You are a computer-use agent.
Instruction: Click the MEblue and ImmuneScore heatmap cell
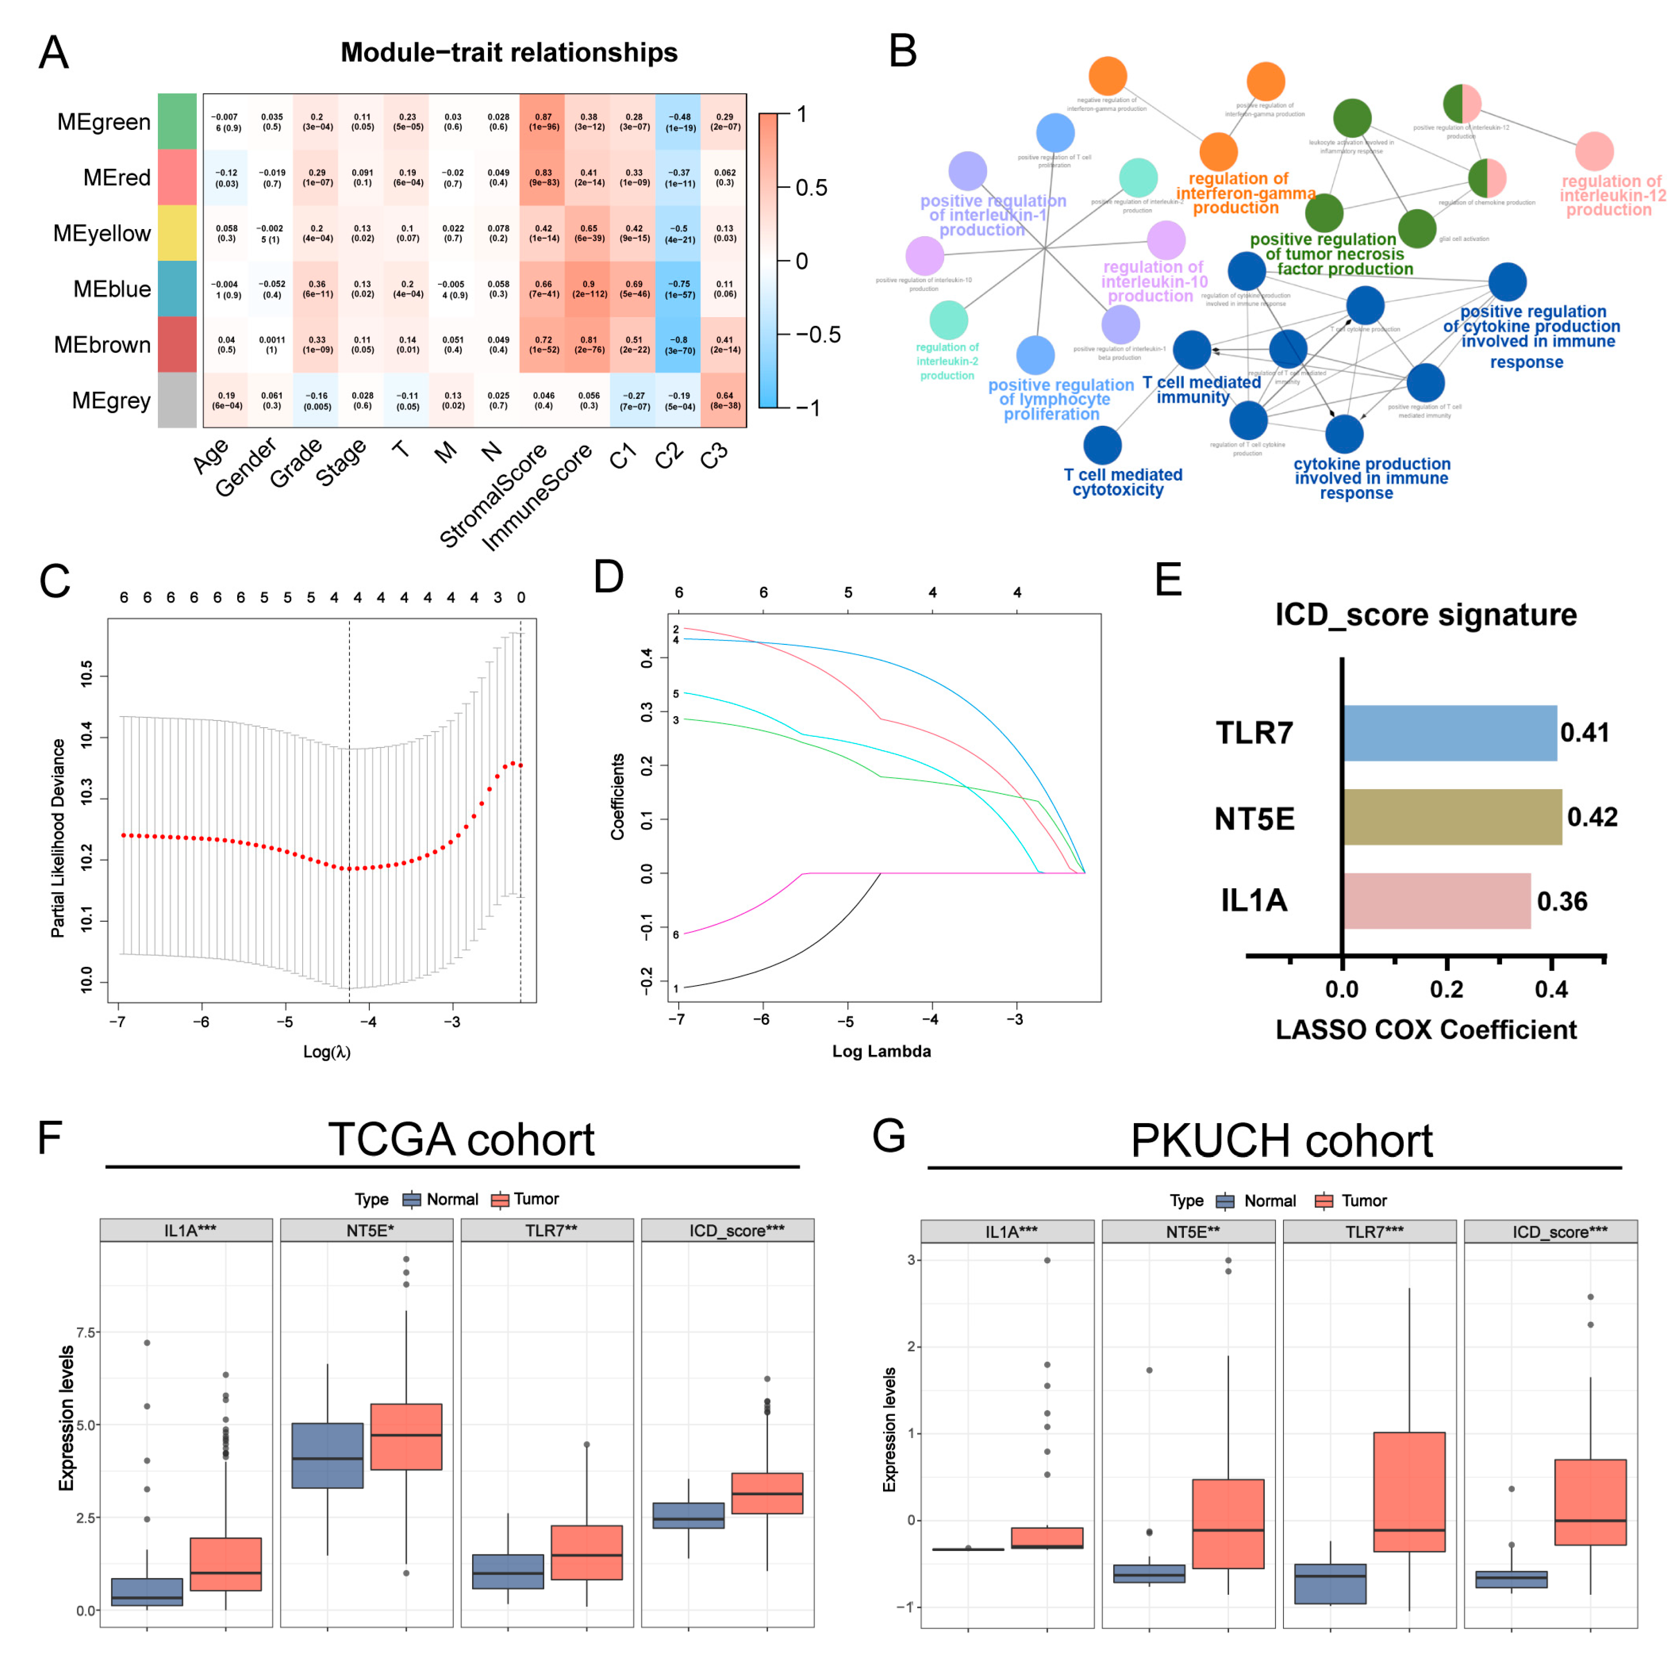(588, 288)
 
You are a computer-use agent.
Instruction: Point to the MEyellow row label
(102, 234)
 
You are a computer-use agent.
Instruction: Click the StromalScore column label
(492, 495)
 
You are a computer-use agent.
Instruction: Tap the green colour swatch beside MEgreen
(177, 122)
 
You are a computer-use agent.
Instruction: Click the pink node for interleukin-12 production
(1593, 151)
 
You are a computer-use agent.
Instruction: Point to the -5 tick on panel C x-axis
(285, 1022)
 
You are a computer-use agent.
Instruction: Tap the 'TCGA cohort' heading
(461, 1139)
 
